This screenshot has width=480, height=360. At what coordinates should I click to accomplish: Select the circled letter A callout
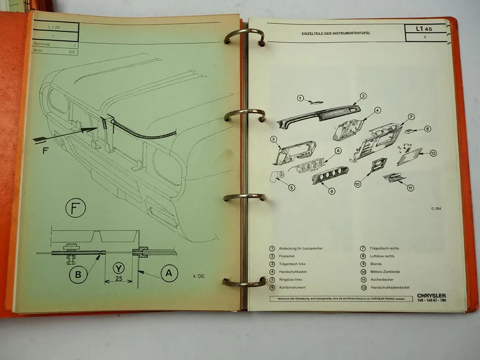coord(169,273)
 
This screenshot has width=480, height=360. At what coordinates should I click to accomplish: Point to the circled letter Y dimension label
coord(119,268)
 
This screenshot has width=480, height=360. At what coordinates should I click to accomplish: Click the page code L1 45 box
coord(424,29)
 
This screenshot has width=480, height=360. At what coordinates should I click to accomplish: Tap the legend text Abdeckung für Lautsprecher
coord(300,248)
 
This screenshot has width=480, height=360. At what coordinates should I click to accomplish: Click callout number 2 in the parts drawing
coord(363,96)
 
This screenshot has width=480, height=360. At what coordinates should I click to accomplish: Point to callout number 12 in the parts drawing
coord(433,153)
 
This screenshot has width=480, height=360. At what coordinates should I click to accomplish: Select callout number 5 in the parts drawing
coord(292,187)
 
